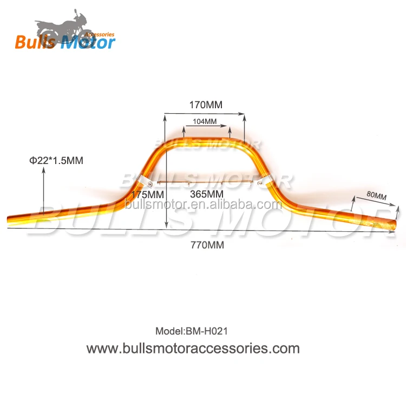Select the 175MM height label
click(147, 194)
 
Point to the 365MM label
click(208, 194)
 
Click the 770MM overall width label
click(207, 245)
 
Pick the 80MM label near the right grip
click(376, 195)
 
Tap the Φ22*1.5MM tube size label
click(57, 160)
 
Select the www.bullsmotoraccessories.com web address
click(193, 348)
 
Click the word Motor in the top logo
click(87, 42)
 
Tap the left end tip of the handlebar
click(8, 220)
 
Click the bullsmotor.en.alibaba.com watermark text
click(203, 205)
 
